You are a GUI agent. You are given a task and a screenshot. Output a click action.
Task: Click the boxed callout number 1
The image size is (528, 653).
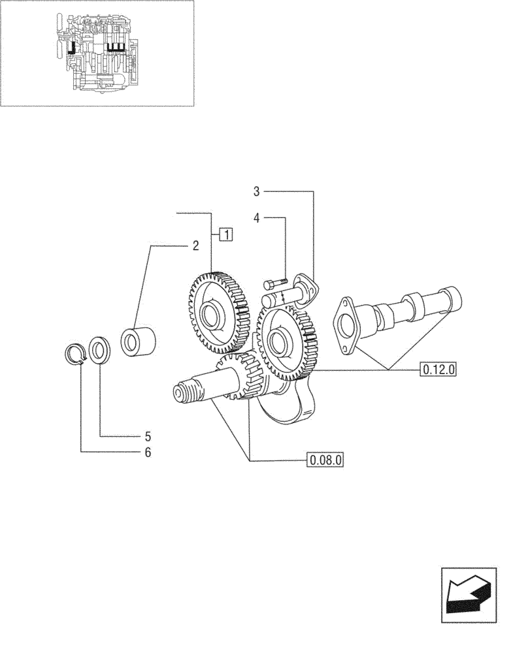225,233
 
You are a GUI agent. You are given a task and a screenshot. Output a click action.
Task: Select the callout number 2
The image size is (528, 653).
195,246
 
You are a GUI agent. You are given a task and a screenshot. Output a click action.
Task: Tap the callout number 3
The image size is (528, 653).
257,191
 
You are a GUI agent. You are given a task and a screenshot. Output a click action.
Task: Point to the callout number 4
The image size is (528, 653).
257,218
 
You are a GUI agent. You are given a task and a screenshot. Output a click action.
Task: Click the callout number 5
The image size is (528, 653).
148,436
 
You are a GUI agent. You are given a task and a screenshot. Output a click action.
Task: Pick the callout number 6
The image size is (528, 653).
148,452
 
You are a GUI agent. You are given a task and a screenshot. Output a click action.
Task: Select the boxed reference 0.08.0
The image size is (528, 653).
325,460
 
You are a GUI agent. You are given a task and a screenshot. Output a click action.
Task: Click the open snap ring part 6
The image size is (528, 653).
79,353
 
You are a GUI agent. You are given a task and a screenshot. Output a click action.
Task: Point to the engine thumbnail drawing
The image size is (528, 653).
98,53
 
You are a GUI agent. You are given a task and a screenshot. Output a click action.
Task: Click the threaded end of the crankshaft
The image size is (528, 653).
182,392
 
